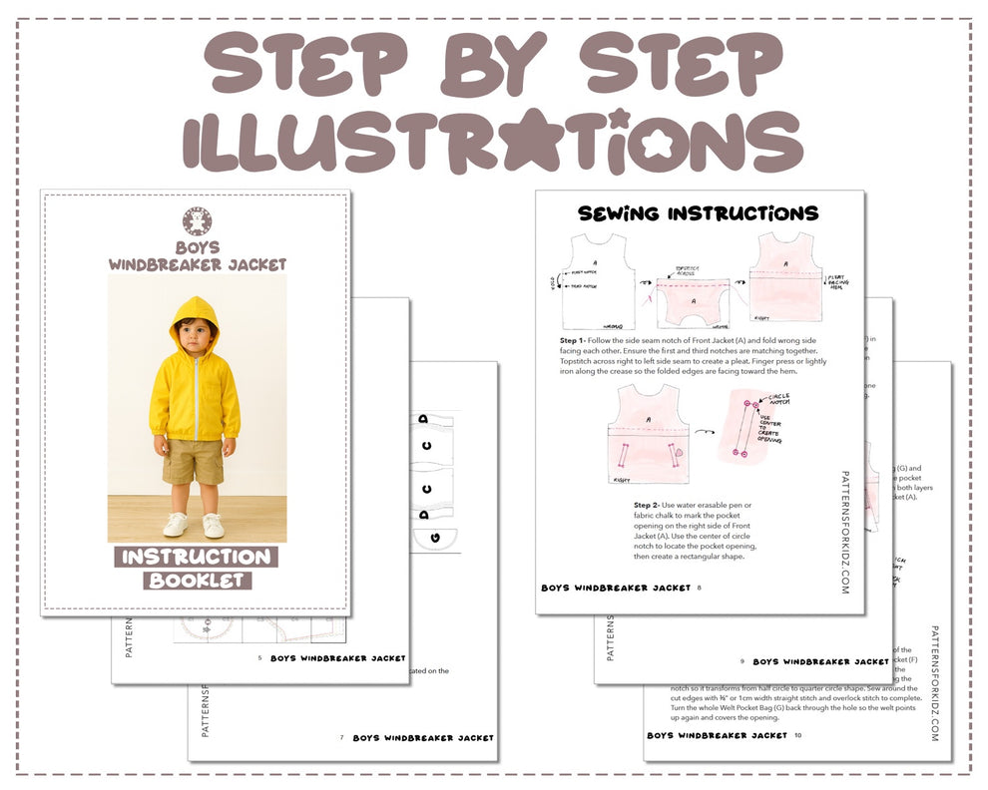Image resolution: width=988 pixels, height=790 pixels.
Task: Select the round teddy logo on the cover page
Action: click(198, 222)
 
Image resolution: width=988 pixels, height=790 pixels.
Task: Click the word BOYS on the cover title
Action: click(198, 247)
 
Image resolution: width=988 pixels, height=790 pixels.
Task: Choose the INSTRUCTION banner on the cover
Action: click(197, 557)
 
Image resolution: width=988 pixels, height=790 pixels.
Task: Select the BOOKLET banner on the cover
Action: click(197, 580)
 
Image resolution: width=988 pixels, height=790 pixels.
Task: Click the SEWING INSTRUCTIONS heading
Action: click(699, 213)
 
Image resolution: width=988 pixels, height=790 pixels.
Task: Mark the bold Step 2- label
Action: click(653, 506)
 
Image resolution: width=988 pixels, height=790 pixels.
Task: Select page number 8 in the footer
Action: click(700, 588)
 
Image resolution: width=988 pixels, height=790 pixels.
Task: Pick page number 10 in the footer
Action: click(798, 735)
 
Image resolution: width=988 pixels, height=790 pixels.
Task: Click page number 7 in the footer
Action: click(341, 737)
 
